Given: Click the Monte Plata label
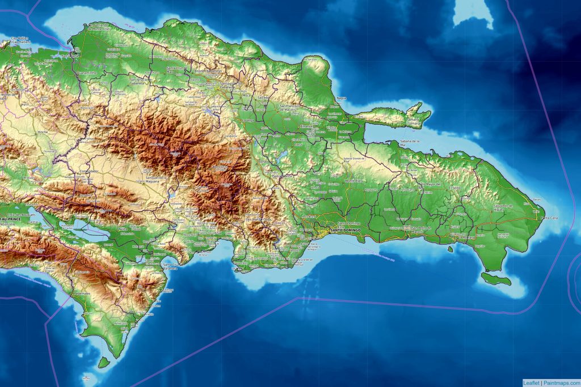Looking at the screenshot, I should [x=353, y=180].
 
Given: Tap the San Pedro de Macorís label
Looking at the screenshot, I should [x=421, y=228].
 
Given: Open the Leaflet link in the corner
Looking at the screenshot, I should [x=532, y=382].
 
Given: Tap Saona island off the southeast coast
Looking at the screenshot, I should [x=495, y=278].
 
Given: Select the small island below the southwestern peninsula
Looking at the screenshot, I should [x=103, y=362].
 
